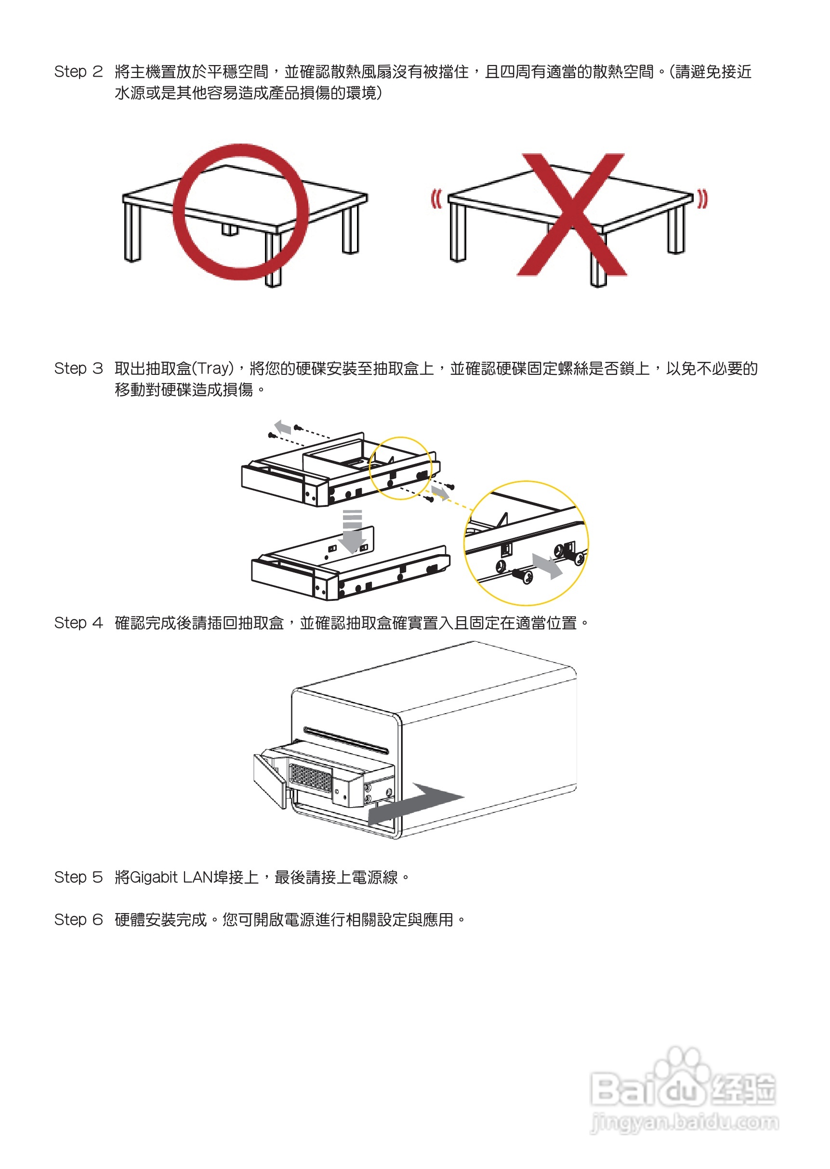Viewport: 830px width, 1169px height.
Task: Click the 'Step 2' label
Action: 78,72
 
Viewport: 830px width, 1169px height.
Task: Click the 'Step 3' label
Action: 78,368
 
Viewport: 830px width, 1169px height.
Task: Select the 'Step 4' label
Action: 78,623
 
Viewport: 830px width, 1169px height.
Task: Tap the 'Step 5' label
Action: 78,877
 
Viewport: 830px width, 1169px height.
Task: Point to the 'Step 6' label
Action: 78,919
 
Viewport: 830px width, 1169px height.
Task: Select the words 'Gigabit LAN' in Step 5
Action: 171,877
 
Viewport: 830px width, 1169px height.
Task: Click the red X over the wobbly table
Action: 572,215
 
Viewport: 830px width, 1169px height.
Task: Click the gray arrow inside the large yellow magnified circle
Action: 547,566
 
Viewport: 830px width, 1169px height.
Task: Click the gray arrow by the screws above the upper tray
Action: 283,427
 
